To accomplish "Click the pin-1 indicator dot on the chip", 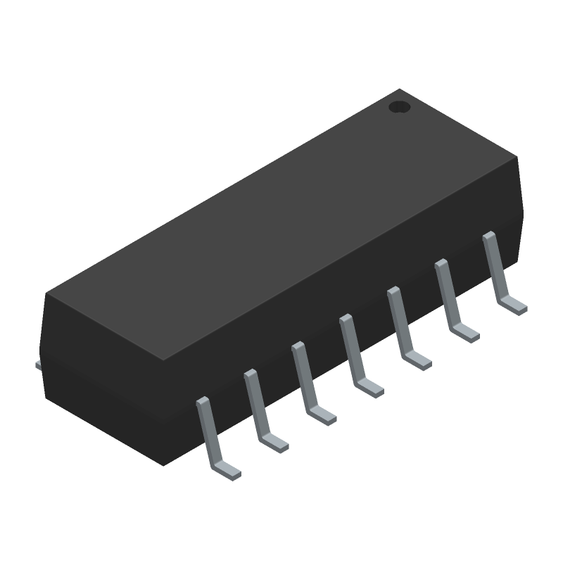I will [x=399, y=108].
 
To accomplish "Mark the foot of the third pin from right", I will [x=417, y=360].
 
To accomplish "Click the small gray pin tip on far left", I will [x=39, y=364].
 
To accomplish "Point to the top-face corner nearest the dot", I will [x=400, y=89].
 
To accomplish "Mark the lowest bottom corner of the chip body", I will [x=163, y=464].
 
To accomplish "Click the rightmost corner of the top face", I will [x=518, y=157].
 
